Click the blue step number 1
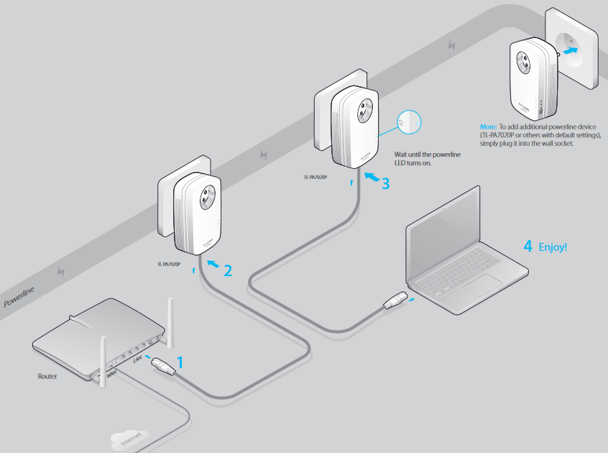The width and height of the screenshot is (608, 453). click(x=180, y=362)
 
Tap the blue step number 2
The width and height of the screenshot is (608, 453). click(x=228, y=271)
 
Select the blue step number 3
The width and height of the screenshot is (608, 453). click(x=385, y=183)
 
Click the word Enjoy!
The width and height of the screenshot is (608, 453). click(x=554, y=247)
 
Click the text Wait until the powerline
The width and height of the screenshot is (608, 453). click(x=427, y=155)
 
